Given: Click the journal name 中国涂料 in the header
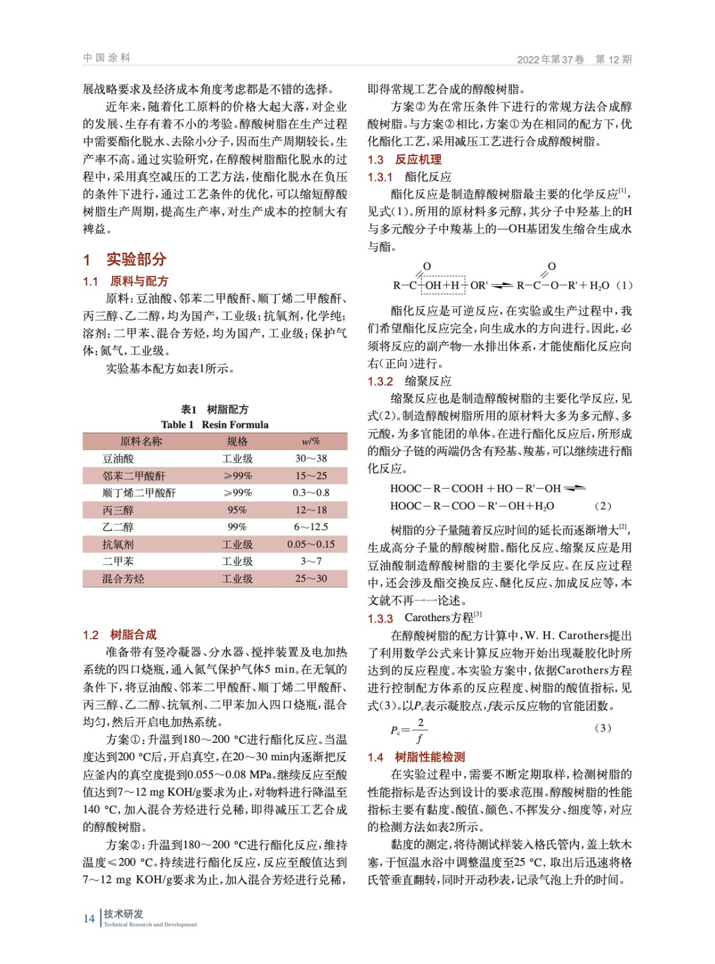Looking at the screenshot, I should tap(107, 58).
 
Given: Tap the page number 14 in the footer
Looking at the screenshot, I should tap(89, 918).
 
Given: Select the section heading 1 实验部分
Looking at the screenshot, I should tap(125, 260).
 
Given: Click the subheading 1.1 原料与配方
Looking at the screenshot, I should tap(125, 281).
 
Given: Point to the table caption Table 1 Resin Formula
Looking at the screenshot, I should tap(214, 425).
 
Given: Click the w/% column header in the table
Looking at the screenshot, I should tap(311, 442).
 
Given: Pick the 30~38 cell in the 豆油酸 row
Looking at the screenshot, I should tap(311, 459).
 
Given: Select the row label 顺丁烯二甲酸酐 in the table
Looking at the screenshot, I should tap(139, 493).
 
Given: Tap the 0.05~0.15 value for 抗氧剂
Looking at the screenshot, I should tap(311, 545).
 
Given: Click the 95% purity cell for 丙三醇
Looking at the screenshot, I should tap(237, 510).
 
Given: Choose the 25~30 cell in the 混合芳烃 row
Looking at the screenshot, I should tap(311, 579).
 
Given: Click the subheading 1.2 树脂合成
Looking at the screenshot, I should tap(119, 634).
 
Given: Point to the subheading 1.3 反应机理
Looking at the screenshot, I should tap(404, 160).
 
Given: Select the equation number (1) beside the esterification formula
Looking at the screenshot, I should tap(625, 286).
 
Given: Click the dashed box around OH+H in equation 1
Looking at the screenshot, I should tap(443, 286).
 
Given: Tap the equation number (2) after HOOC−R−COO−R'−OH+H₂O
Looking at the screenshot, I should tap(602, 506).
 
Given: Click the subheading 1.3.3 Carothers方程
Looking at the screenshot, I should tap(425, 618).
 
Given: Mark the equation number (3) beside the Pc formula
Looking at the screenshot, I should tap(602, 728).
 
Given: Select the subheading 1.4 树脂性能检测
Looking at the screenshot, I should tap(416, 757).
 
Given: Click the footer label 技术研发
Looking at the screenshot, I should tap(123, 914).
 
